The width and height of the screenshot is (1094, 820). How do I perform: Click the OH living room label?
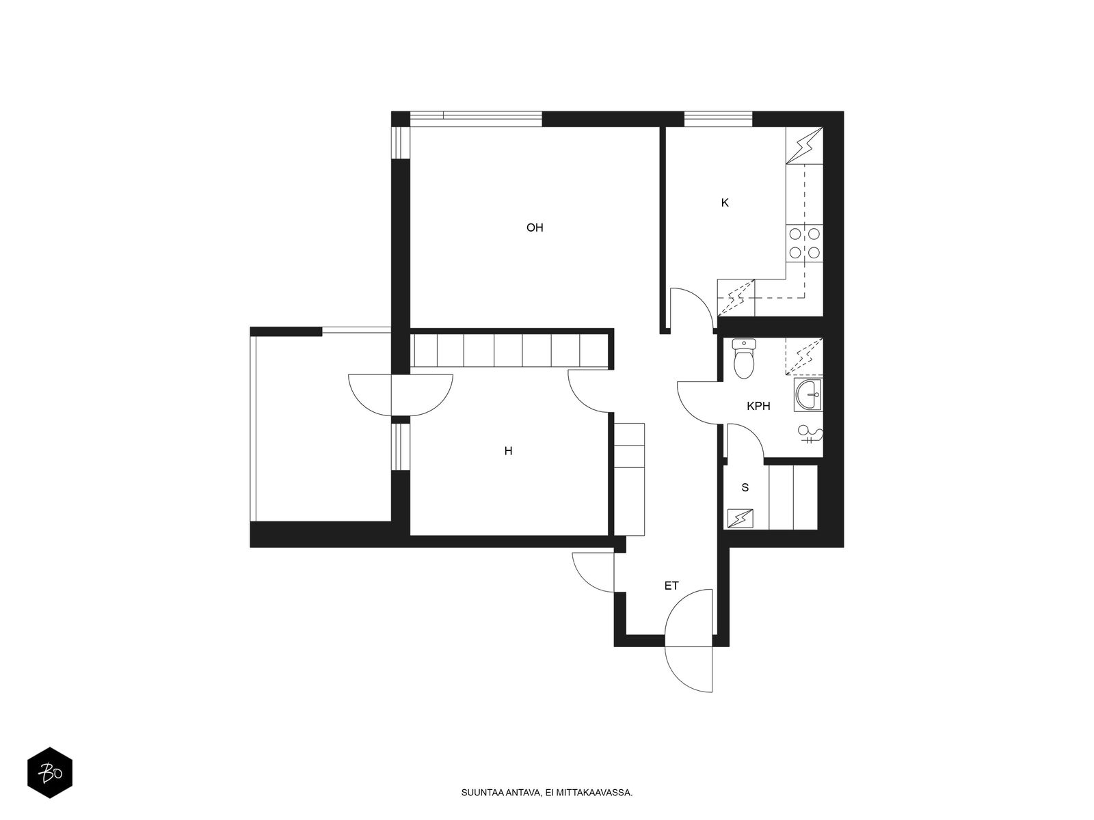click(534, 228)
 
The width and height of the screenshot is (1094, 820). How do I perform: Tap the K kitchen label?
click(725, 203)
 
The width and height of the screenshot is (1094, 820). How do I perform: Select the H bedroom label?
click(508, 451)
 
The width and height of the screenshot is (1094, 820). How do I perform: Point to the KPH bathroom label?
click(758, 407)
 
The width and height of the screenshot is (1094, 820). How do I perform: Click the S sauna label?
click(745, 487)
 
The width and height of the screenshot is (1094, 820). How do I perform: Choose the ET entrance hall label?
click(671, 586)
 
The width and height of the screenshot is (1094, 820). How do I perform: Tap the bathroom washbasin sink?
click(808, 395)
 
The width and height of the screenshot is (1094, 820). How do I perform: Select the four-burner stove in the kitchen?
click(804, 243)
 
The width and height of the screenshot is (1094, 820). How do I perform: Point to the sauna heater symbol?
click(740, 518)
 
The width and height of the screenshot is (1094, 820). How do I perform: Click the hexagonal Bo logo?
click(50, 772)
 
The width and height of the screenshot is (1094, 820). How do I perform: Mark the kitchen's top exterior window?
click(718, 120)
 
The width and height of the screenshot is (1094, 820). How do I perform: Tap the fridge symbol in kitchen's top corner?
click(804, 146)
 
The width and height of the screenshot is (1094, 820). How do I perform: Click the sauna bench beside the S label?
click(793, 497)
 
